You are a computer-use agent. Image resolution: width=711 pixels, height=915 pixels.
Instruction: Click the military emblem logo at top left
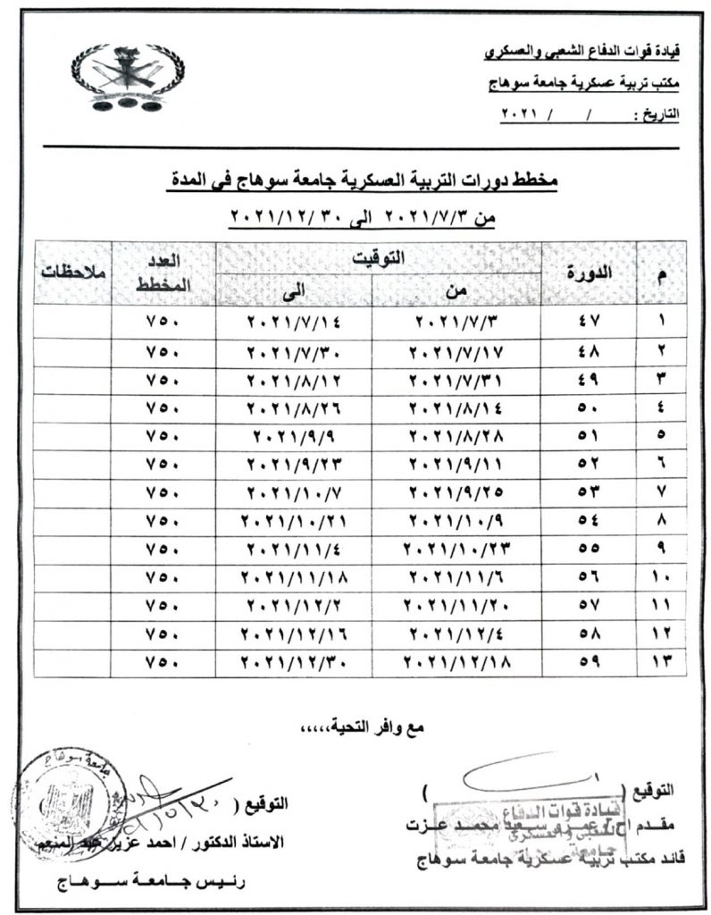click(117, 79)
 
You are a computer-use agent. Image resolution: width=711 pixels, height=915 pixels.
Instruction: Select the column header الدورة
click(590, 273)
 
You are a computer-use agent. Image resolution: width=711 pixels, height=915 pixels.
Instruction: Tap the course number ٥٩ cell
click(590, 662)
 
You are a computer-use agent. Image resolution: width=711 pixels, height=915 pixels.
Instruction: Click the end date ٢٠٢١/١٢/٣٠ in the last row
click(294, 662)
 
